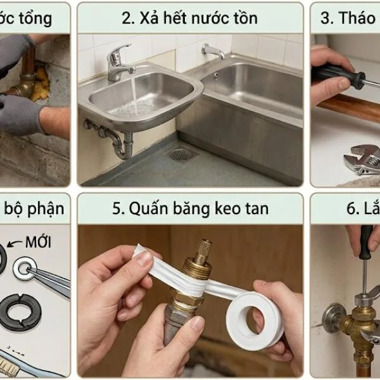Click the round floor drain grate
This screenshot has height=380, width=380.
(x=181, y=154)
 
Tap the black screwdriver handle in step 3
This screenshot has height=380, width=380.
(x=336, y=76)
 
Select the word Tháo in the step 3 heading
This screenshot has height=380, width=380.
(x=357, y=18)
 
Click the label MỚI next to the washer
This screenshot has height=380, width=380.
(x=38, y=242)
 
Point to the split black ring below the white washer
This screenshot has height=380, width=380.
(x=19, y=311)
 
